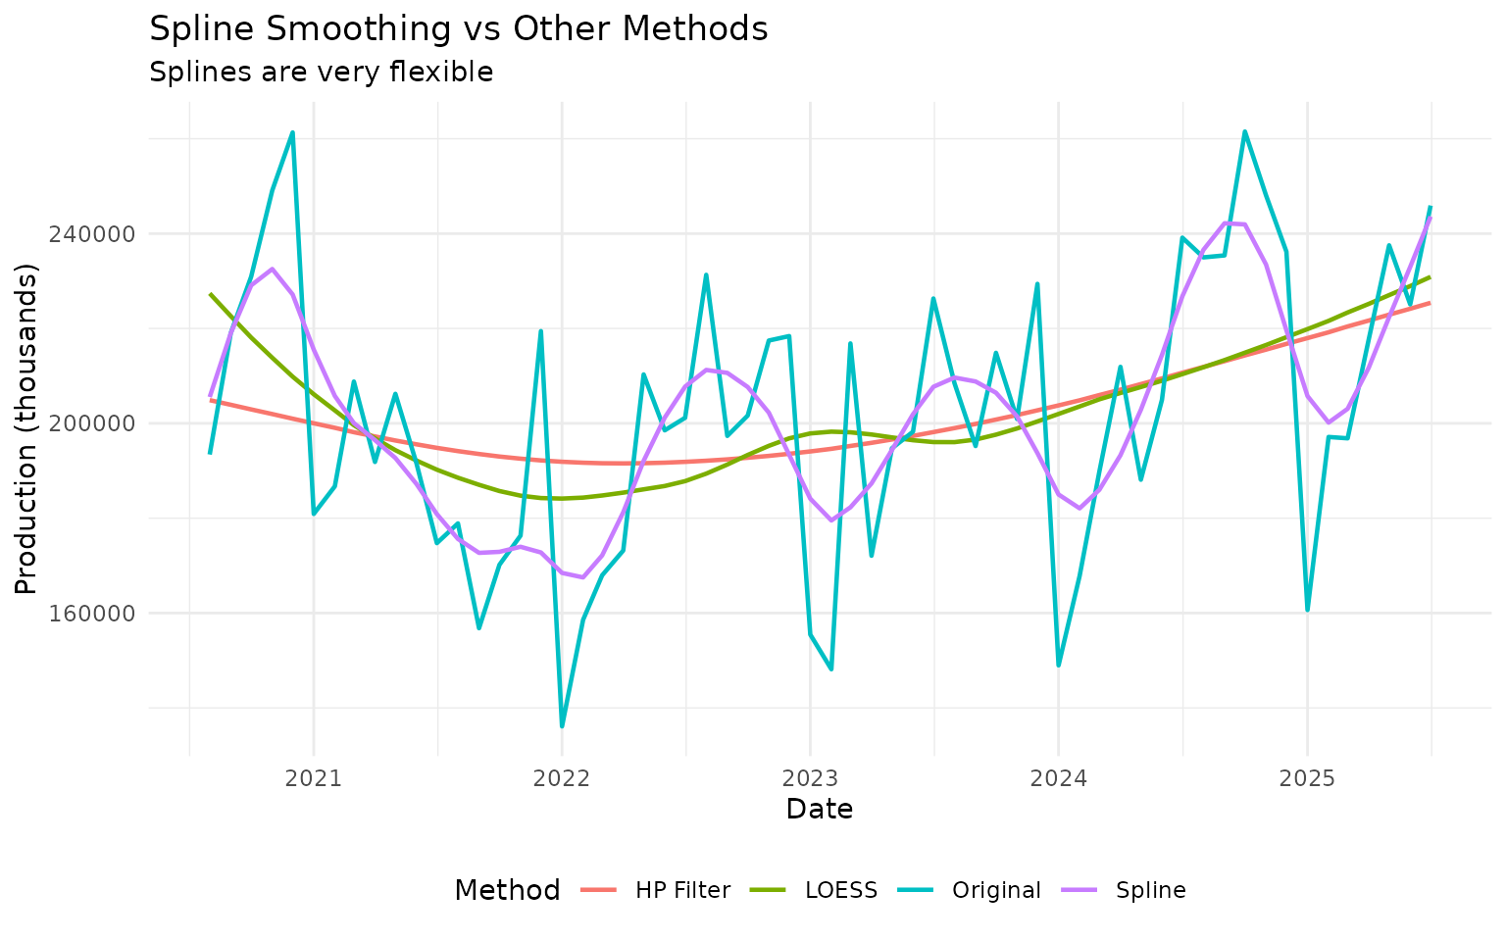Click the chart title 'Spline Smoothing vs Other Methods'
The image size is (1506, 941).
click(458, 29)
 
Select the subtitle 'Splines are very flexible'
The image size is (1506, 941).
click(321, 73)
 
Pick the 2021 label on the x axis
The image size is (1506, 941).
click(313, 779)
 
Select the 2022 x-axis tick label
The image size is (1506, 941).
click(561, 779)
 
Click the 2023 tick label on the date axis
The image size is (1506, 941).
click(810, 779)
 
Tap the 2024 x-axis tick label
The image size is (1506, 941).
click(1058, 779)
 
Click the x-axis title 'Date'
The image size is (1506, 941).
click(819, 810)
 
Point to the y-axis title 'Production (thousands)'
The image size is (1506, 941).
click(26, 428)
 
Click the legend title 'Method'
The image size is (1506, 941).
click(507, 890)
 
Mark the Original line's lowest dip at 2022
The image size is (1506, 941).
click(562, 726)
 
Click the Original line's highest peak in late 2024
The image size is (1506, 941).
click(1244, 131)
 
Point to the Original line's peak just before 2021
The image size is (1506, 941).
click(292, 132)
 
